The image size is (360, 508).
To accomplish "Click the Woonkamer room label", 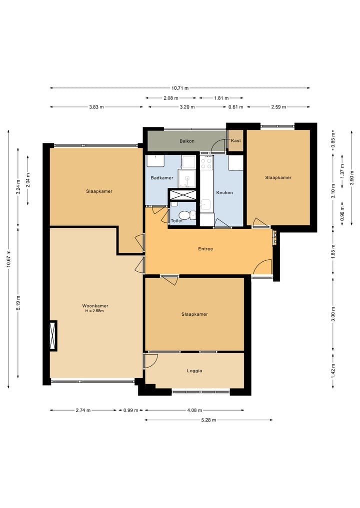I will [x=95, y=306].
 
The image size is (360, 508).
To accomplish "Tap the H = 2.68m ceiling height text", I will [x=95, y=311].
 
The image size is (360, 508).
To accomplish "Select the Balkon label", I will [x=187, y=141].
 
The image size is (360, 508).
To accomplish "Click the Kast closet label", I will [x=235, y=141].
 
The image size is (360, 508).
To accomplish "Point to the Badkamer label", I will [x=161, y=178].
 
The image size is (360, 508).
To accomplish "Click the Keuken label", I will [x=224, y=192].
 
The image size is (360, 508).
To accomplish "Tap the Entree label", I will [x=205, y=249].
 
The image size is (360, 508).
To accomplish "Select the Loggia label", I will [x=194, y=371].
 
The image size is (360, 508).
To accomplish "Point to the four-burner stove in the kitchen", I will [x=206, y=163].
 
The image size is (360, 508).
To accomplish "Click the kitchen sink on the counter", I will [x=205, y=204].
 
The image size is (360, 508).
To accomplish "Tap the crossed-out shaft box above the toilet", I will [x=182, y=194].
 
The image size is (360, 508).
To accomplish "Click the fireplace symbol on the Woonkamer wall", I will [x=53, y=336].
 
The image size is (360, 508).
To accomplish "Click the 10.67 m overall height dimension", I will [x=8, y=259].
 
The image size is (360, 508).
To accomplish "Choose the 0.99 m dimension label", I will [x=130, y=411].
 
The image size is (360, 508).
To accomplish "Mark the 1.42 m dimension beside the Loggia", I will [x=333, y=370].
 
